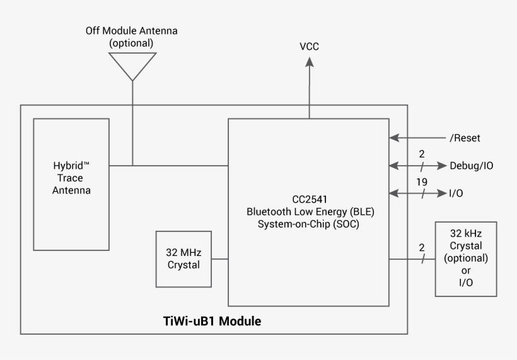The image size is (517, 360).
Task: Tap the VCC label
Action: tap(309, 46)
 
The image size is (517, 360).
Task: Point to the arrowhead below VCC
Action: tap(309, 62)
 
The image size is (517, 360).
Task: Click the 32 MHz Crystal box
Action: tap(183, 258)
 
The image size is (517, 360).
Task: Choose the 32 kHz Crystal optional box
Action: tap(466, 258)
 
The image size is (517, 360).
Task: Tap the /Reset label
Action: tap(465, 138)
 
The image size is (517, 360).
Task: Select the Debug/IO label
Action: tap(471, 166)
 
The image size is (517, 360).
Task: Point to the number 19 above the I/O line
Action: tap(422, 182)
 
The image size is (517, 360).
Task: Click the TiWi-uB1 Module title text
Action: tap(212, 321)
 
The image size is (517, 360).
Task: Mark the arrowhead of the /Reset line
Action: tap(394, 138)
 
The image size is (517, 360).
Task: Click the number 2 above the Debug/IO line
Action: tap(422, 154)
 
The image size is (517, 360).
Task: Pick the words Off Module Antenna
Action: tap(131, 30)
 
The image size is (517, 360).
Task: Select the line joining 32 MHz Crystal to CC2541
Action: tap(219, 258)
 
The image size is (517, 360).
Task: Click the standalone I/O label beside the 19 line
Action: tap(455, 194)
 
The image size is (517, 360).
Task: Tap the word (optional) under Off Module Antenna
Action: tap(131, 43)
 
